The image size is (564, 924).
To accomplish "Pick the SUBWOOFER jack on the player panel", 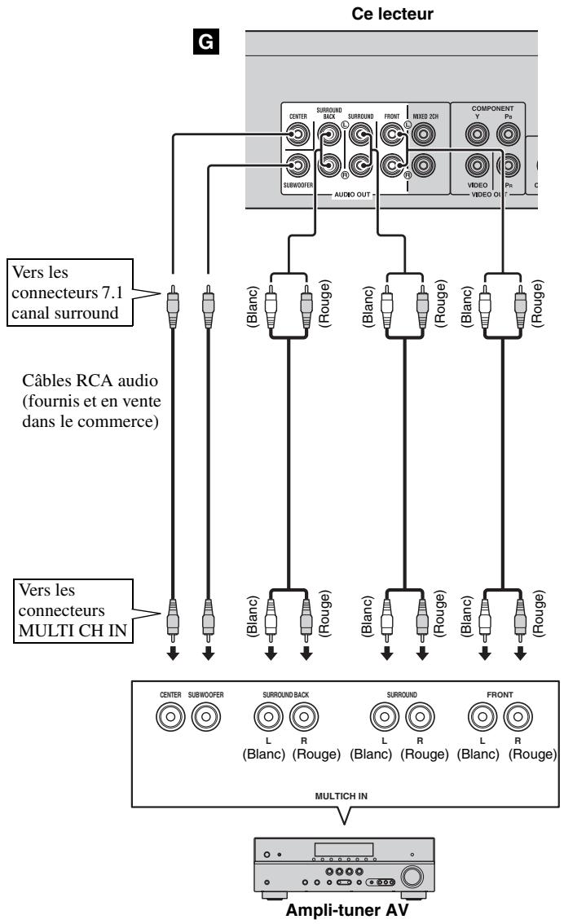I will (297, 167).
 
